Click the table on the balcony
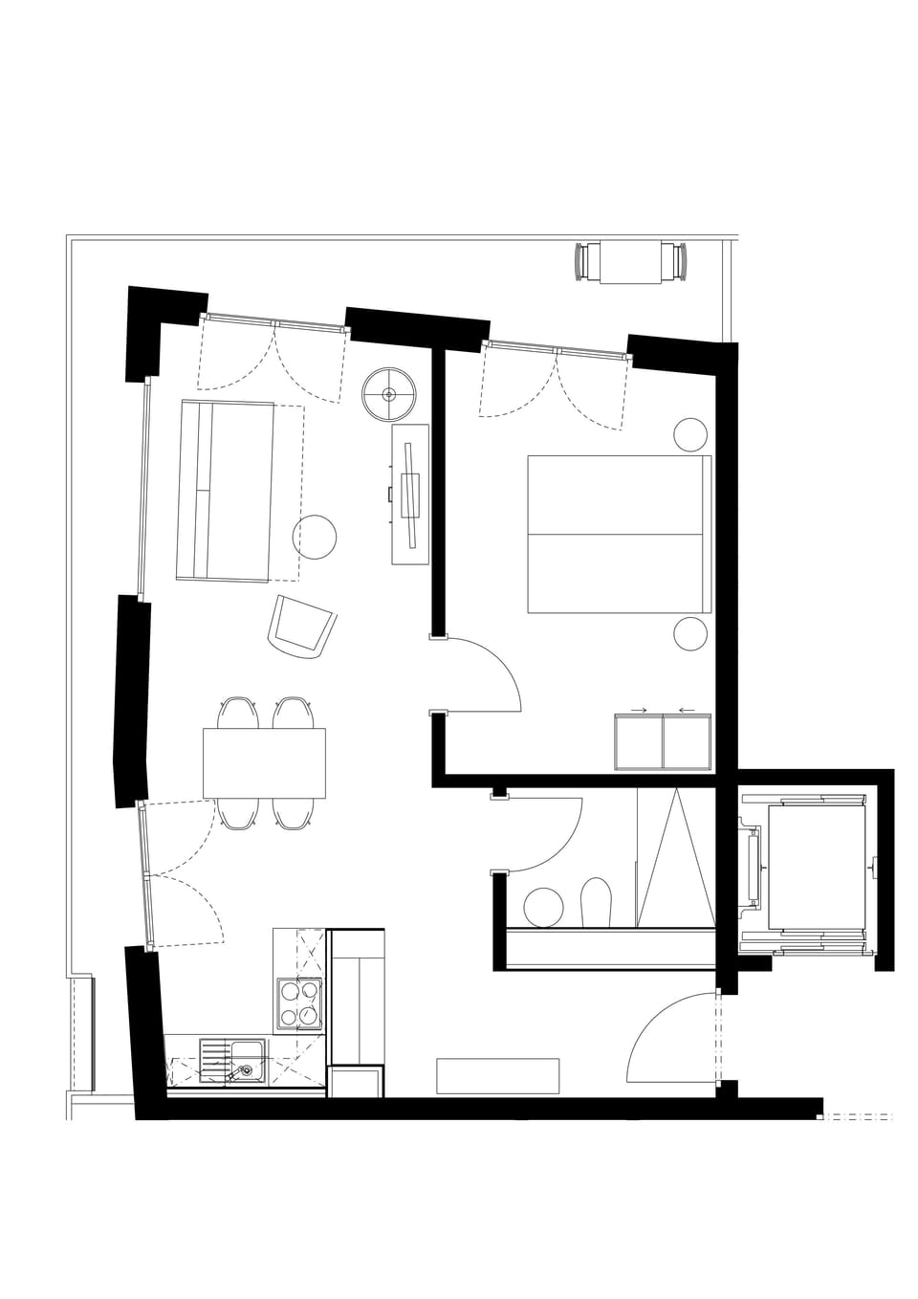click(631, 263)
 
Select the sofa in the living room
click(226, 492)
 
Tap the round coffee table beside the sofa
click(315, 537)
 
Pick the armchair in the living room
click(301, 627)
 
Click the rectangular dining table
click(264, 763)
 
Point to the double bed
click(619, 534)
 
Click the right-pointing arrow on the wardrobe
click(640, 710)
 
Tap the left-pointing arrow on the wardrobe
click(687, 710)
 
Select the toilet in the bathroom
click(596, 903)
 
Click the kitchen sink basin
click(248, 1060)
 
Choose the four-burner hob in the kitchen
click(299, 1003)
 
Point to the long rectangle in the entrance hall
click(497, 1075)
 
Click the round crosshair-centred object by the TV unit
click(389, 394)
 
